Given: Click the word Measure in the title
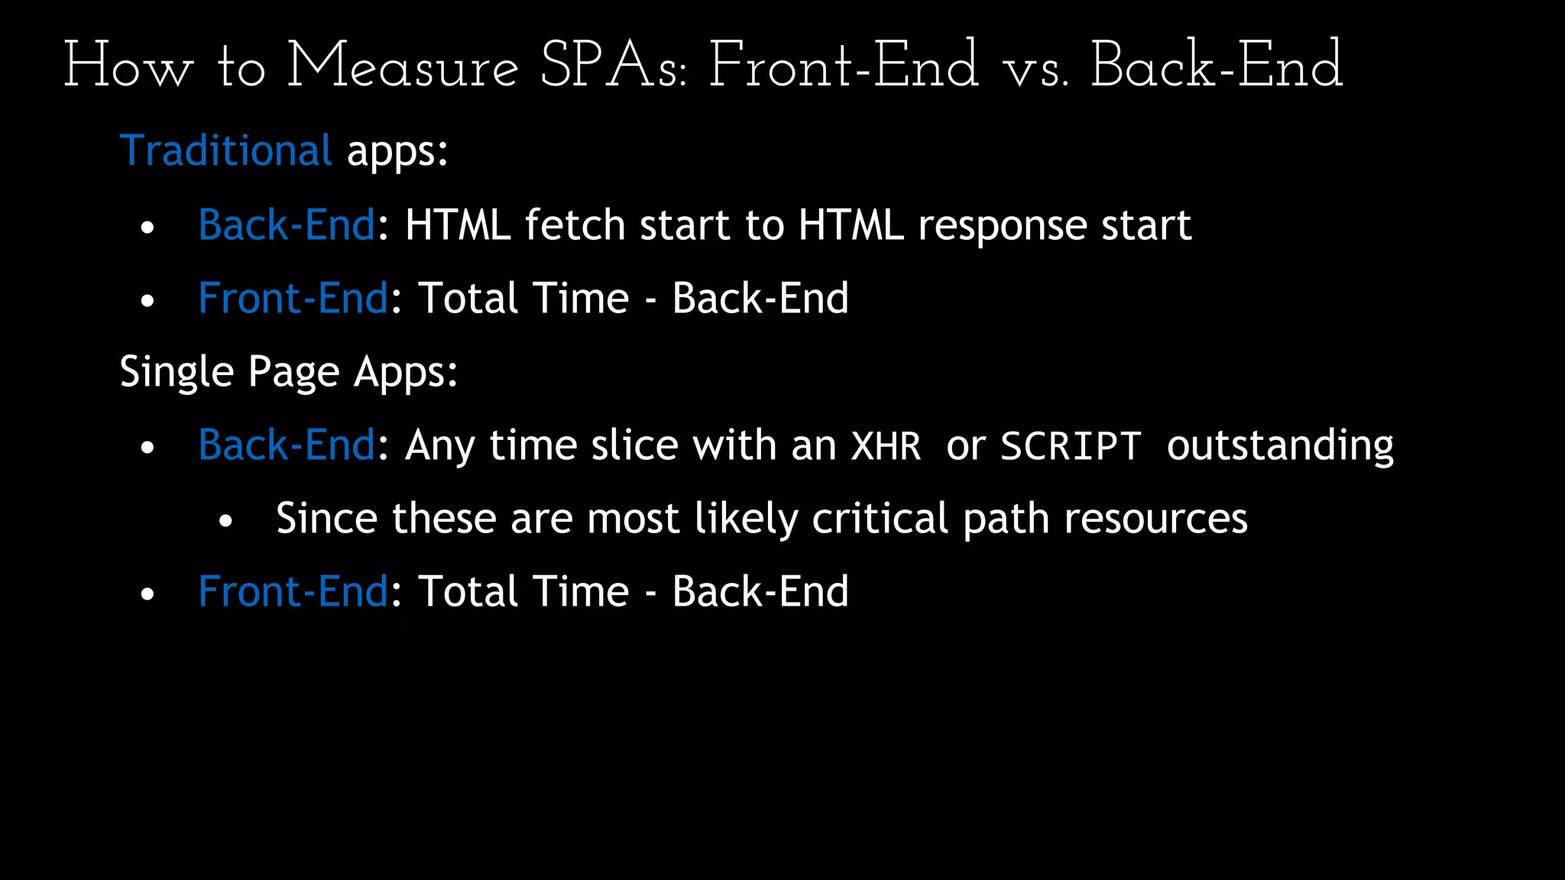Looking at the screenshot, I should [x=403, y=66].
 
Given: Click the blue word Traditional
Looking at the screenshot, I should [x=226, y=150].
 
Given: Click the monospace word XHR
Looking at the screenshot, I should [x=886, y=446].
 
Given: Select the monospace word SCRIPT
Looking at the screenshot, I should [x=1071, y=446].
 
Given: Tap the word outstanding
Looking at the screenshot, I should [x=1280, y=446].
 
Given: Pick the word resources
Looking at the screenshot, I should [x=1155, y=519].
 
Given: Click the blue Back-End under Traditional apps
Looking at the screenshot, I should [x=287, y=225].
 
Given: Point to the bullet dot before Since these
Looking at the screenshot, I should [x=225, y=522].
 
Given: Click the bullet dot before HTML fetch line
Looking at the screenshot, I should [x=147, y=228].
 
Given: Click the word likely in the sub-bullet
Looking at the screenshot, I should [x=745, y=519].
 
